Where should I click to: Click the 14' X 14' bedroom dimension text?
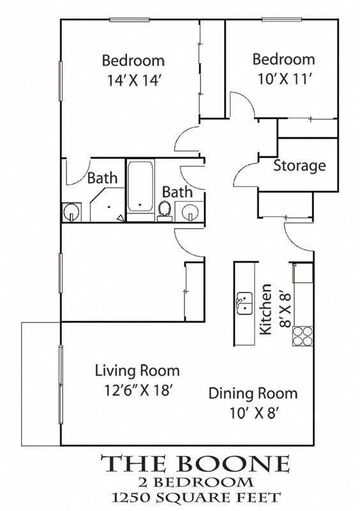pyautogui.click(x=133, y=81)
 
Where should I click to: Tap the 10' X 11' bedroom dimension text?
pyautogui.click(x=283, y=79)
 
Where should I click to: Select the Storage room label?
pyautogui.click(x=299, y=166)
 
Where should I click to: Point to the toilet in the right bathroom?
pyautogui.click(x=165, y=210)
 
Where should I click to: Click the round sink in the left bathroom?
pyautogui.click(x=71, y=212)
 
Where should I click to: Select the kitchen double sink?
pyautogui.click(x=244, y=302)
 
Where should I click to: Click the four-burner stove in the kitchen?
pyautogui.click(x=303, y=335)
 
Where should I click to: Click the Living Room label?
pyautogui.click(x=137, y=370)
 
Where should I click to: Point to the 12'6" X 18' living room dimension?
pyautogui.click(x=134, y=390)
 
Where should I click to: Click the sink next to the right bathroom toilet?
pyautogui.click(x=190, y=211)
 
